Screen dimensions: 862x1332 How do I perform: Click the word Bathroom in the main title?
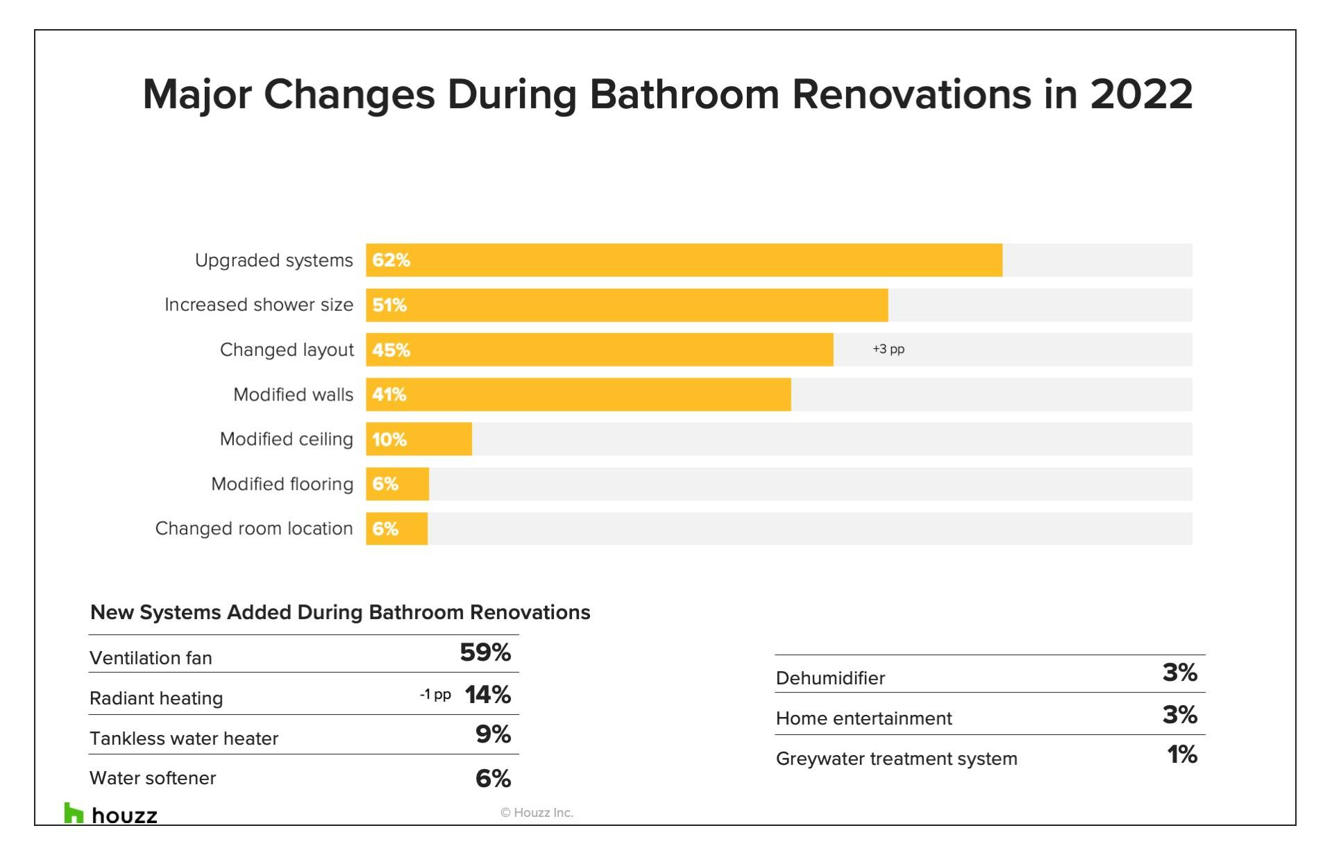tap(684, 94)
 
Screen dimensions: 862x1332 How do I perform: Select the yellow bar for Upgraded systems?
tap(684, 260)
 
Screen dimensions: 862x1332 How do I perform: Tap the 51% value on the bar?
tap(389, 305)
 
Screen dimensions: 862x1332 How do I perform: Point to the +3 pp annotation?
tap(888, 349)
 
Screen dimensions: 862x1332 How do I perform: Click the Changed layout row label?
tap(287, 350)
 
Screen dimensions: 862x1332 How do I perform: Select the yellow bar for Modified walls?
tap(578, 394)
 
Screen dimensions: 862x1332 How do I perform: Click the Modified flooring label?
tap(282, 484)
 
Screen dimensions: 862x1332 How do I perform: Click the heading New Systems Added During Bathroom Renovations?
tap(340, 612)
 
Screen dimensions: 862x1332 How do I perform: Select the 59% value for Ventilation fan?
tap(485, 652)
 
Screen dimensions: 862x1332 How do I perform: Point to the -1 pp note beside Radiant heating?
tap(435, 695)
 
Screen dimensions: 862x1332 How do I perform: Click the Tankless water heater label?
tap(184, 738)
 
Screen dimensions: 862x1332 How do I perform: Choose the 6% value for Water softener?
tap(493, 778)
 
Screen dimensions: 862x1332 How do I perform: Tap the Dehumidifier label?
tap(830, 678)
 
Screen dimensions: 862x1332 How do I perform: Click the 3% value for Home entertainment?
tap(1180, 715)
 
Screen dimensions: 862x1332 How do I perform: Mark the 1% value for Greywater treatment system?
tap(1182, 754)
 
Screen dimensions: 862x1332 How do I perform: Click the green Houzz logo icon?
tap(73, 813)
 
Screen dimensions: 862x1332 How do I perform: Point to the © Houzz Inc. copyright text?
tap(537, 813)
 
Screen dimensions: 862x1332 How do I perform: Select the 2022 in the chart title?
tap(1141, 94)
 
